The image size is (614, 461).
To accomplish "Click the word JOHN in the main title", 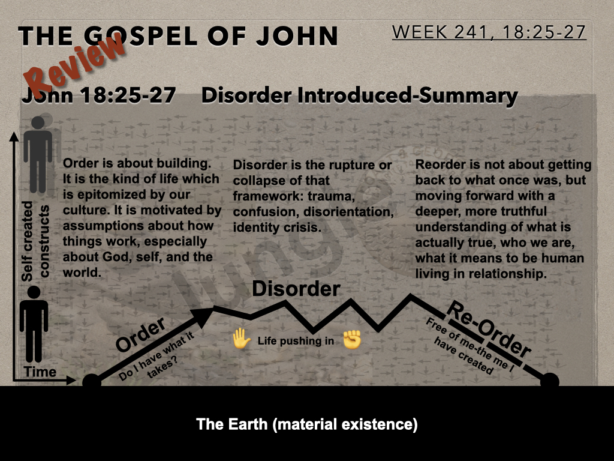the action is point(297,36).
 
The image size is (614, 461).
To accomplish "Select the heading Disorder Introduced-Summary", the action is point(360,96).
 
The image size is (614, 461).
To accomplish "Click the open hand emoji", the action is point(242,339).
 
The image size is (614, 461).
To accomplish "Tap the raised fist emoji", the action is point(351,340).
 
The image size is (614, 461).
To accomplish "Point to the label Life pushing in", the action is point(296,341).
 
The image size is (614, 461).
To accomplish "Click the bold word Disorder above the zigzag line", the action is point(296,289).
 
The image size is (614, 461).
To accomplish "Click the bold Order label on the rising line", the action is point(140,334).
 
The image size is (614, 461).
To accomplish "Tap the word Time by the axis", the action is point(40,372).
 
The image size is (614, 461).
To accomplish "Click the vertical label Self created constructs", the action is point(35,241).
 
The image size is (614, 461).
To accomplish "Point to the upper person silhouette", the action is point(38,154).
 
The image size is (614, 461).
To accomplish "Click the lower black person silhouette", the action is point(34,324).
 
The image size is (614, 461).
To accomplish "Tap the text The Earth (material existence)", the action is point(306,424).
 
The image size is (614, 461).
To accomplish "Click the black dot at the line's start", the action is point(92,381).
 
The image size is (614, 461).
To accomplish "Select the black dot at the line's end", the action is point(550,381).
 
